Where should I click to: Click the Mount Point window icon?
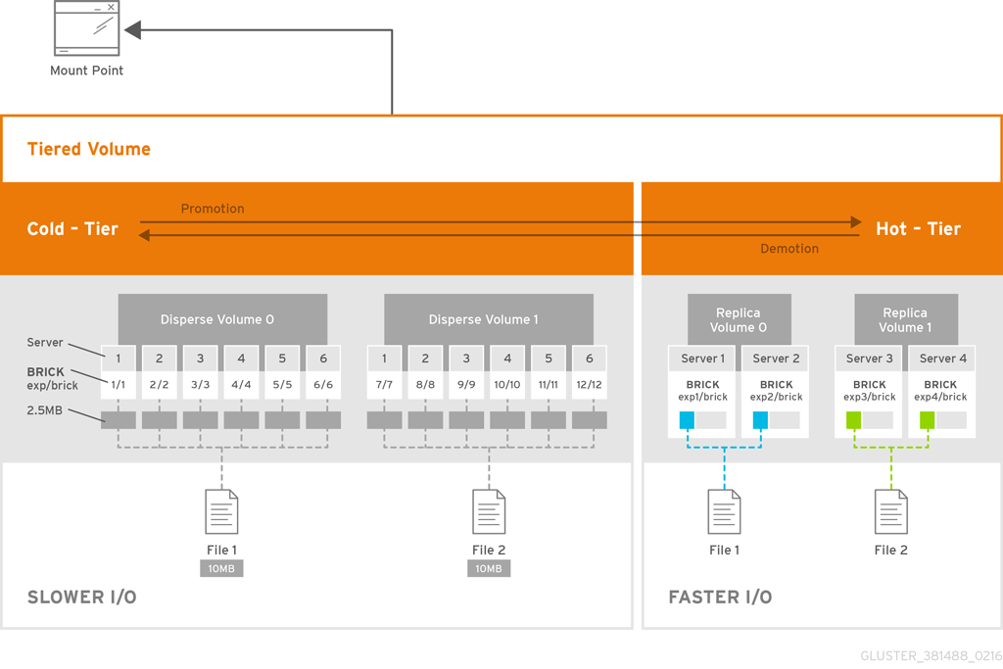click(x=87, y=28)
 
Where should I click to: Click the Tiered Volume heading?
click(x=89, y=150)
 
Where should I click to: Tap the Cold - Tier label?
click(x=72, y=229)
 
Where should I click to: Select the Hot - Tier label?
click(x=918, y=229)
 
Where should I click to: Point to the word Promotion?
click(x=213, y=209)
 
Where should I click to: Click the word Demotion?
click(x=788, y=249)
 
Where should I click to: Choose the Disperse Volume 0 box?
click(x=222, y=319)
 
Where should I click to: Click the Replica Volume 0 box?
click(x=739, y=320)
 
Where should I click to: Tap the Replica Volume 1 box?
click(x=905, y=320)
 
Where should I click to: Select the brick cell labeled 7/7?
click(x=384, y=385)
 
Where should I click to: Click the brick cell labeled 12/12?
click(x=589, y=385)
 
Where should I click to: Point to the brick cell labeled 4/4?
click(x=241, y=385)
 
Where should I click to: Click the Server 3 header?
click(x=869, y=358)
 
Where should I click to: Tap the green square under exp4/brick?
click(x=927, y=420)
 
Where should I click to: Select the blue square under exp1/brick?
click(x=687, y=420)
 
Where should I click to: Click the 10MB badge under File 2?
click(x=489, y=568)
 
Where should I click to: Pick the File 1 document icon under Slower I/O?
click(x=221, y=511)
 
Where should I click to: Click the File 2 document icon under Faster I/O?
click(x=890, y=511)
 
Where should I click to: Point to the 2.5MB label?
click(x=45, y=410)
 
